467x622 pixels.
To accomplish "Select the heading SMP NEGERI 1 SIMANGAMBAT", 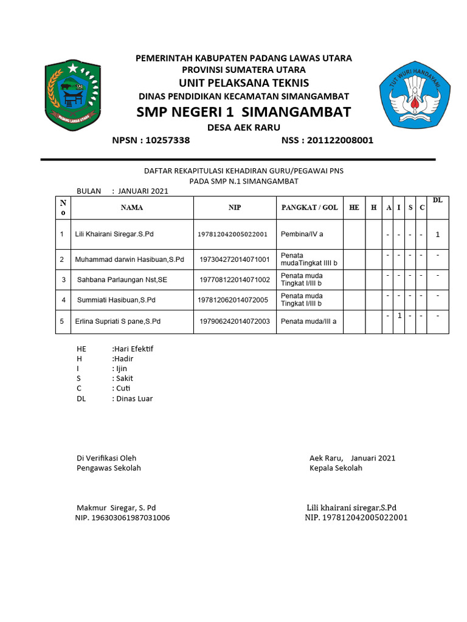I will tap(243, 112).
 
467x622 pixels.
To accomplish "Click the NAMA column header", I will tap(132, 208).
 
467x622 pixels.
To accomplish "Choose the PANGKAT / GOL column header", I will tap(310, 208).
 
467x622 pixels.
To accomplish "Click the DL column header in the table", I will tap(438, 200).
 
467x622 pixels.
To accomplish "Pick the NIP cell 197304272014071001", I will tap(235, 259).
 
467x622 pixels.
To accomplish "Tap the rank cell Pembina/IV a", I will tap(302, 234).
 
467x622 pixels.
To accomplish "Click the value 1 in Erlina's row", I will tap(399, 316).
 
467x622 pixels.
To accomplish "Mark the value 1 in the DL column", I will tap(438, 234).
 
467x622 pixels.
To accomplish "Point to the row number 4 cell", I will tap(62, 299).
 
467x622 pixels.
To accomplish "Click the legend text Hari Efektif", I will tap(133, 349).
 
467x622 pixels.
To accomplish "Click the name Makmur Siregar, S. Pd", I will tap(116, 507).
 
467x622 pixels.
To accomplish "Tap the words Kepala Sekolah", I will tap(336, 468).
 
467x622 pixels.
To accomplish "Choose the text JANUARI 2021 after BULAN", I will tap(143, 191).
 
